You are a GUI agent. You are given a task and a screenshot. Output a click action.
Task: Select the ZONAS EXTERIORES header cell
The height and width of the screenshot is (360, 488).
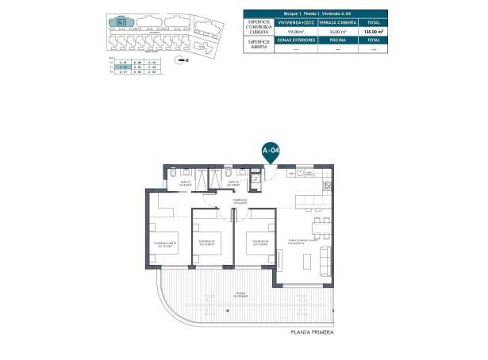pos(295,40)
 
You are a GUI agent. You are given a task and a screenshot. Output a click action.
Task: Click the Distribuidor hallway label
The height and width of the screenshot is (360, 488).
pos(240,201)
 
